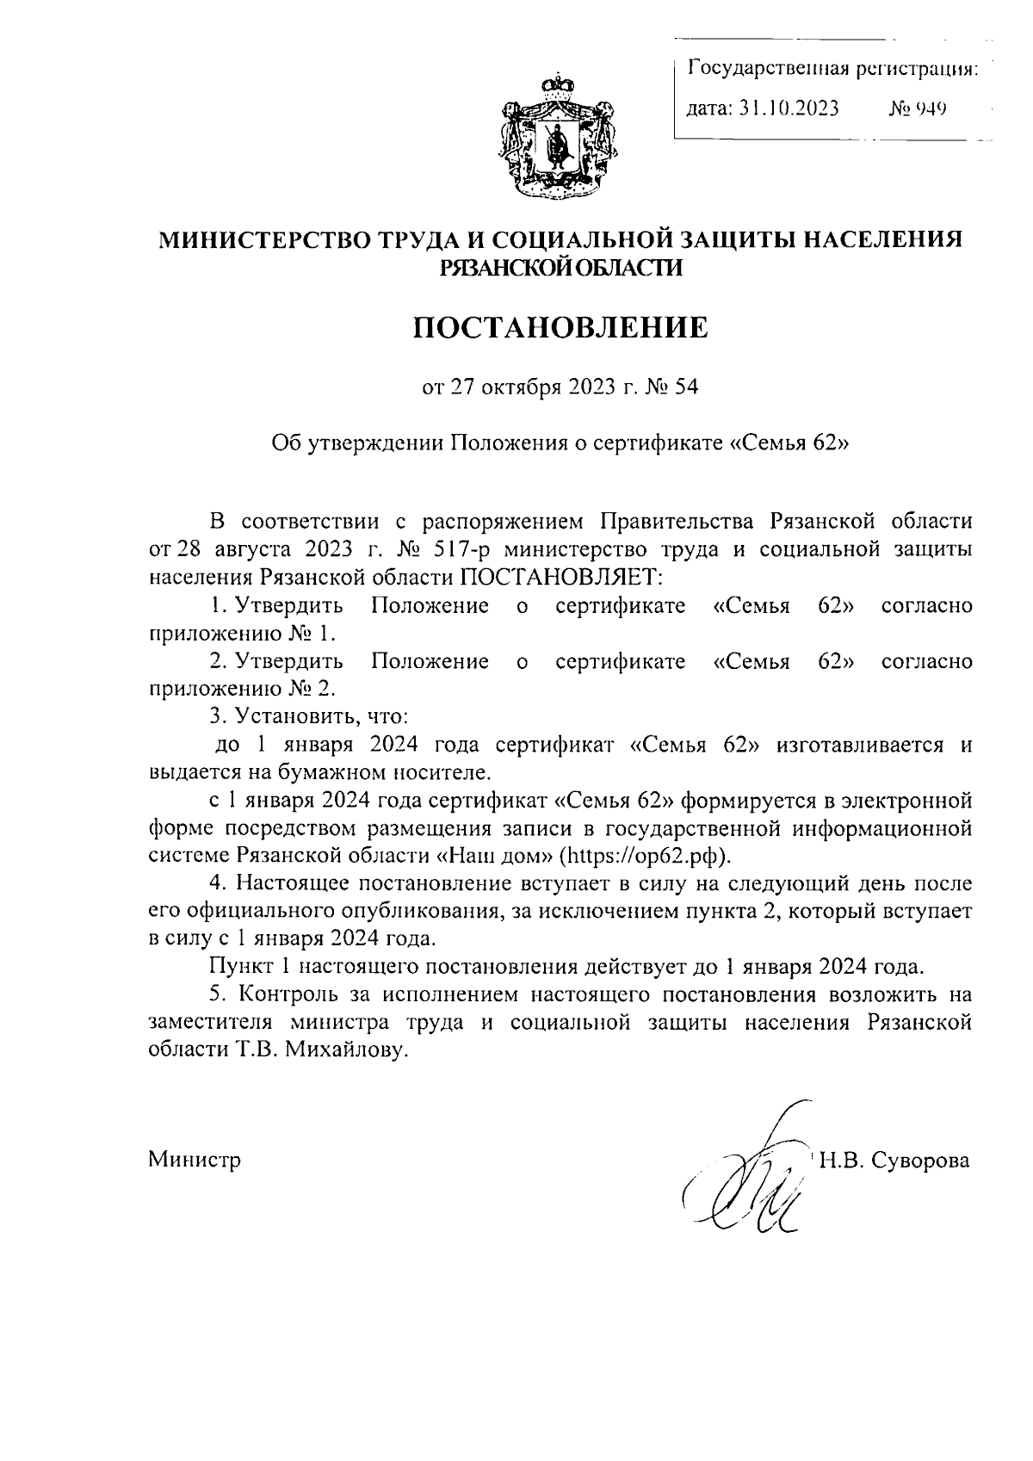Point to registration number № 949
[918, 109]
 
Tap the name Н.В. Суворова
[894, 1160]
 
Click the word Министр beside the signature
[195, 1160]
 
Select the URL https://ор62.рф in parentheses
[642, 857]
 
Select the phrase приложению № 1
[242, 633]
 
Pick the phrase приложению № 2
[243, 689]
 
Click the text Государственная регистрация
[832, 68]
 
